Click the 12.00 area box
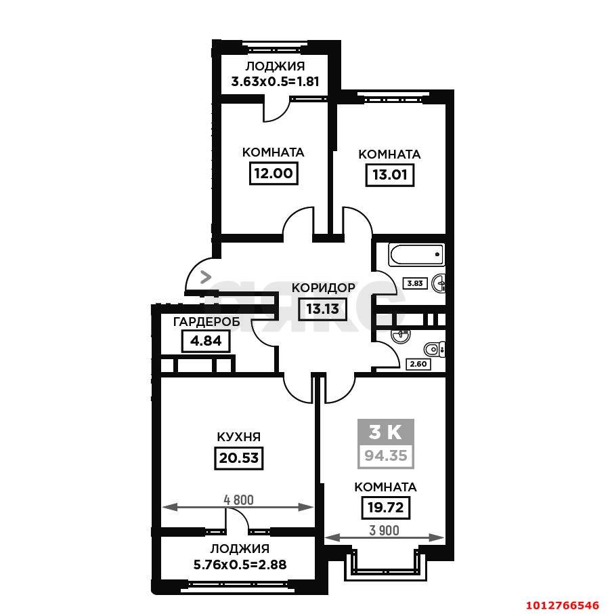(274, 173)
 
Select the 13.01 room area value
(390, 175)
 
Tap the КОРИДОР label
(323, 288)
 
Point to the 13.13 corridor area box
(322, 309)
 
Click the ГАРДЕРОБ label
(206, 322)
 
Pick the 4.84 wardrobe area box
(206, 341)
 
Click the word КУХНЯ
(239, 436)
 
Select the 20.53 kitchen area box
(239, 457)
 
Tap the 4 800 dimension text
(238, 500)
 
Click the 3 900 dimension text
(385, 531)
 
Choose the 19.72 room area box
(385, 508)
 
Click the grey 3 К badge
(386, 432)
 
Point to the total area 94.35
(386, 456)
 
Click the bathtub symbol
(416, 255)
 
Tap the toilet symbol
(435, 349)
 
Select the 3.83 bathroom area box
(415, 283)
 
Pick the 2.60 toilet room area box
(418, 364)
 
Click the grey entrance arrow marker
(205, 277)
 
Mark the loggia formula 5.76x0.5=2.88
(240, 565)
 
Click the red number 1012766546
(562, 605)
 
